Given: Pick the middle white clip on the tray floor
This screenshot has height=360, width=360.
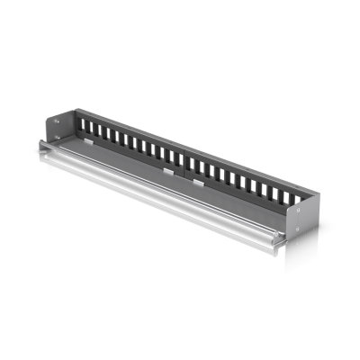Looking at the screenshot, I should pyautogui.click(x=169, y=168).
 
